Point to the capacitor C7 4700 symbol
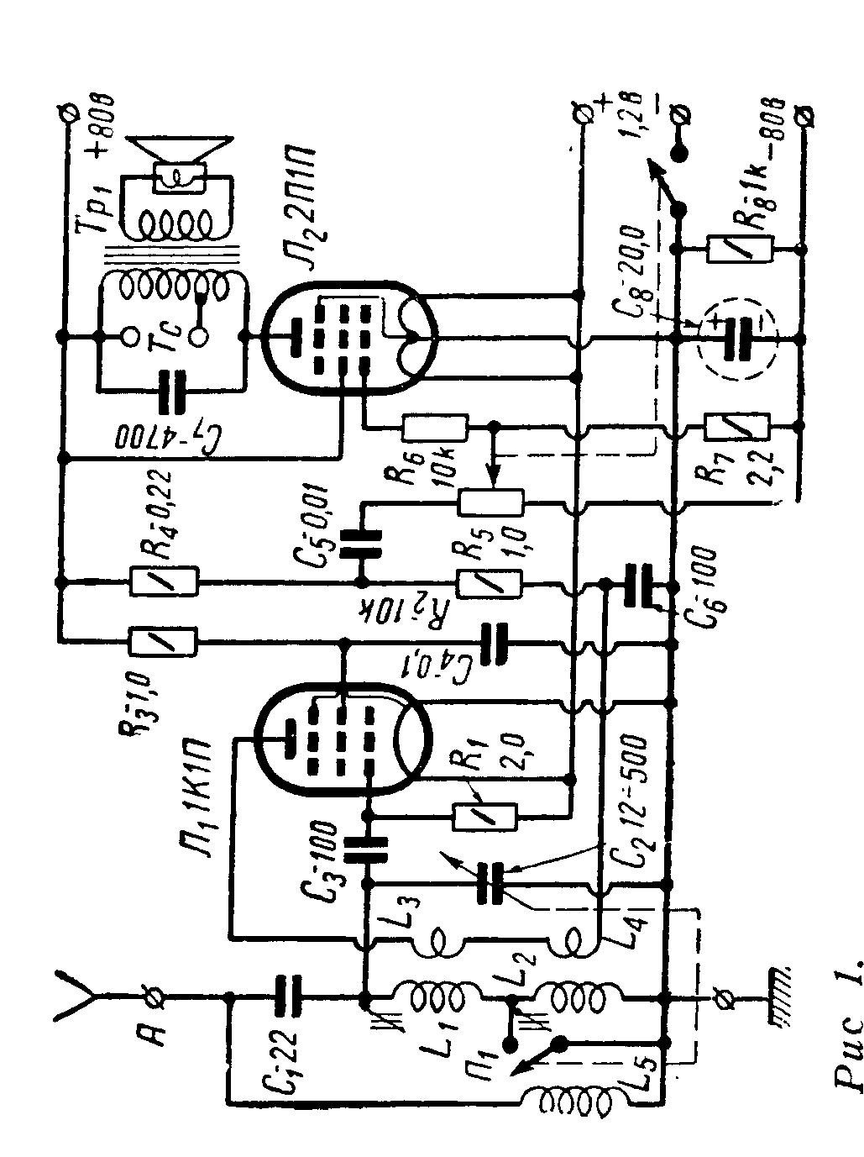(x=173, y=387)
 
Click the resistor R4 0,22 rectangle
(x=165, y=581)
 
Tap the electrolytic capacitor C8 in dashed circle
(x=738, y=336)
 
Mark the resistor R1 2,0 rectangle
(x=484, y=815)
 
